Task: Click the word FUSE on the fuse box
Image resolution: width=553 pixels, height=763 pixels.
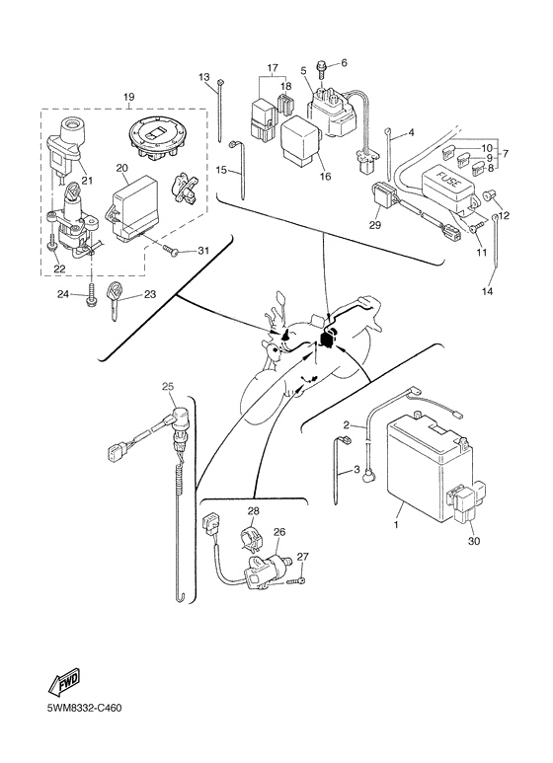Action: coord(447,179)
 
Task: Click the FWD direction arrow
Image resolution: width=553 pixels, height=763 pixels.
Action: coord(64,681)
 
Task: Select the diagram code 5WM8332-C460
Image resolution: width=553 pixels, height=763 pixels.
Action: coord(84,708)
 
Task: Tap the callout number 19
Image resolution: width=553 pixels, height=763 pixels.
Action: coord(128,97)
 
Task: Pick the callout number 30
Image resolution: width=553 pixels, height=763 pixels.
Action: coord(474,541)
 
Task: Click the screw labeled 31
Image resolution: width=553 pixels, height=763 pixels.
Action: coord(170,250)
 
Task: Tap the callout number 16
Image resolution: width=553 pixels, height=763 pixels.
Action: coord(325,176)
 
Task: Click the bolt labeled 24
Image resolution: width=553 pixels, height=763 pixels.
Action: coord(91,295)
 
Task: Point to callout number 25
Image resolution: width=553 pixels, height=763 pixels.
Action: coord(168,387)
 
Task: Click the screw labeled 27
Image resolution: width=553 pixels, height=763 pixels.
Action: coord(295,580)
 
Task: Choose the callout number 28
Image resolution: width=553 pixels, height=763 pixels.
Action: coord(253,511)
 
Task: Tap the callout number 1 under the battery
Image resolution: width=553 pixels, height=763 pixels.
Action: coord(396,525)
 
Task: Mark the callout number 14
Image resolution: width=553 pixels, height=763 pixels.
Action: coord(487,291)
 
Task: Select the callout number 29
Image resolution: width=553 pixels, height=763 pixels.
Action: coord(375,225)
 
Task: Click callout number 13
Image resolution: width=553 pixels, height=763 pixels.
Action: coord(204,77)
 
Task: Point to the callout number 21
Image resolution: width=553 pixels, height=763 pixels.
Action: coord(87,181)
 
